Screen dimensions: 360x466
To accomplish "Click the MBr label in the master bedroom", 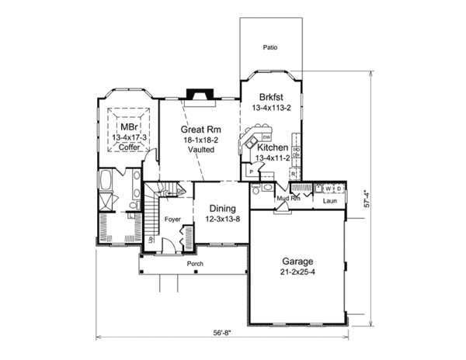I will pos(127,126).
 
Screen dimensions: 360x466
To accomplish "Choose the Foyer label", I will pos(172,220).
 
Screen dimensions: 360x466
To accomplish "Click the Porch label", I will pos(195,264).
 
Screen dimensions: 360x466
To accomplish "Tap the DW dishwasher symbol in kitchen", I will pos(255,137).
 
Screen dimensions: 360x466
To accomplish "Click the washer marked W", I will pos(329,188).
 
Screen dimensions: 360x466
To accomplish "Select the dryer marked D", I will pos(339,188).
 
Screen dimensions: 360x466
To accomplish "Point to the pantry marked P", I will pos(252,171).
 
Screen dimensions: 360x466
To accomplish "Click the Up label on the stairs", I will pos(149,241).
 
